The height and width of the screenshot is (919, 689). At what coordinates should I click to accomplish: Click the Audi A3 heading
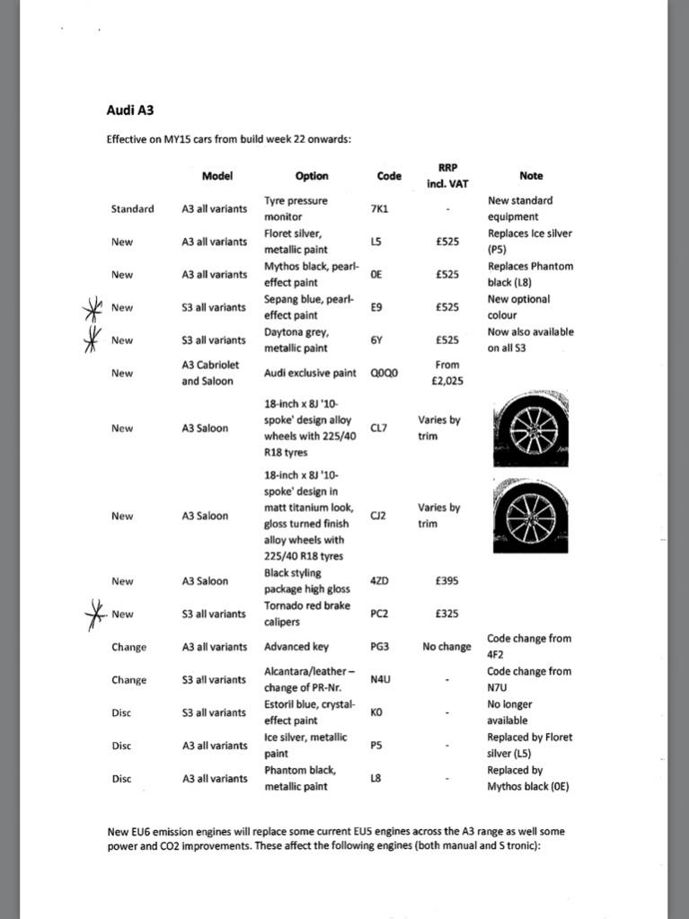coord(130,111)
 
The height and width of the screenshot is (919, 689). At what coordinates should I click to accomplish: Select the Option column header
coord(312,176)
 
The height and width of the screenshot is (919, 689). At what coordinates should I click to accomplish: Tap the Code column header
coord(389,176)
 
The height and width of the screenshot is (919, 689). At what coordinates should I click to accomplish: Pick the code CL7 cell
coord(379,428)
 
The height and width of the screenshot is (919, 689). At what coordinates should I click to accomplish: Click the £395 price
coord(447,581)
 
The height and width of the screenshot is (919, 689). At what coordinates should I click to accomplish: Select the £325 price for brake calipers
coord(447,614)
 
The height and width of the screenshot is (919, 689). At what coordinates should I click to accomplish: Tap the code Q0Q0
coord(385,373)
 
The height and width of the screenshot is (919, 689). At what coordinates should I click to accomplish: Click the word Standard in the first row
coord(132,208)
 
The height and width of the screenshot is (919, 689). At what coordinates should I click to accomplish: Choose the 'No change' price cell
coord(447,647)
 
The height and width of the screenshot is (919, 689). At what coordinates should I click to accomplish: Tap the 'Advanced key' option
coord(296,647)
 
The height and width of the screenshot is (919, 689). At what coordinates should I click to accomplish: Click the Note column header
coord(531,176)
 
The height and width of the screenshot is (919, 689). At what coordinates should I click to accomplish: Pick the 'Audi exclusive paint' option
coord(311,373)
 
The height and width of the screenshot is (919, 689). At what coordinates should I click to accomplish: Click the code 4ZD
coord(380,581)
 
